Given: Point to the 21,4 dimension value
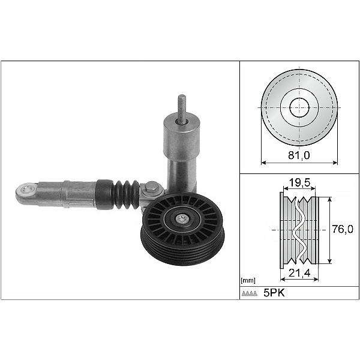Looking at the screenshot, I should [298, 274].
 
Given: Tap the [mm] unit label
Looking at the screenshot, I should [247, 280].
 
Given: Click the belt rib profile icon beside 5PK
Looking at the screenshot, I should [250, 293].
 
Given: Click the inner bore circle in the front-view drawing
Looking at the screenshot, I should [299, 108].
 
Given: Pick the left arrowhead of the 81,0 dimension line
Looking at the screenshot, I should [264, 163].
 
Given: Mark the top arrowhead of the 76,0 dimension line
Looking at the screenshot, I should [331, 197].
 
